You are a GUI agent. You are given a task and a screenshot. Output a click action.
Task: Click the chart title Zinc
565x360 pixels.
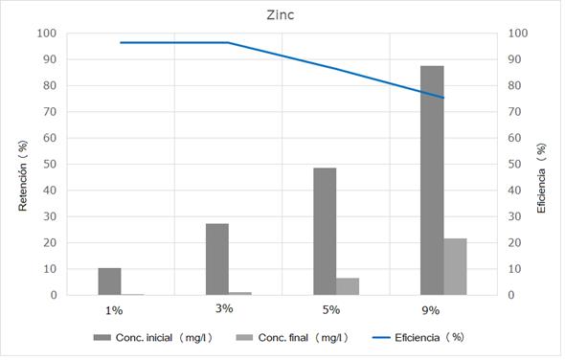click(282, 15)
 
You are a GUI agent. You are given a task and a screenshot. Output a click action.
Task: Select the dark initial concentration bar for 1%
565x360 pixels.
click(109, 281)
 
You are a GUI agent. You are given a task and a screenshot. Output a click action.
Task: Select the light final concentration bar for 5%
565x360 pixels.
click(348, 286)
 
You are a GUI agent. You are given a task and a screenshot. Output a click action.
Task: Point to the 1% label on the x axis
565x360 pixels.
click(114, 310)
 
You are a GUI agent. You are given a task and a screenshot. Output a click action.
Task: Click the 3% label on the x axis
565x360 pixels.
click(224, 308)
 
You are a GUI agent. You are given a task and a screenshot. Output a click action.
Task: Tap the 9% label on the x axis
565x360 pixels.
click(430, 310)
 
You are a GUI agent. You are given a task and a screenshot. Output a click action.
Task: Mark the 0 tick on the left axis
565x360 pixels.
click(54, 295)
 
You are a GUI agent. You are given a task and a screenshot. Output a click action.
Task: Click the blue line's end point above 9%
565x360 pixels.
click(443, 98)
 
